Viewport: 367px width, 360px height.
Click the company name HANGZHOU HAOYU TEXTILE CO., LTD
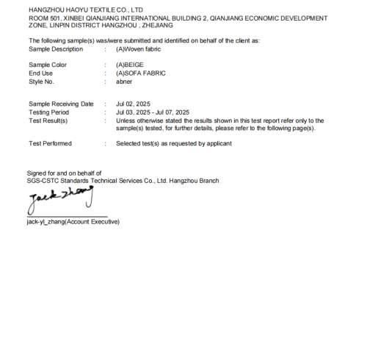click(85, 10)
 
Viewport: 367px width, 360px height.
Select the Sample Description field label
click(56, 48)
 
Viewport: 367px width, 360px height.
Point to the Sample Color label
click(48, 65)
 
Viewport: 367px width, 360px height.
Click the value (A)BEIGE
click(131, 65)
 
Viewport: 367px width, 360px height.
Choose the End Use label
click(41, 73)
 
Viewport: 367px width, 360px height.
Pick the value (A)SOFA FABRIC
click(140, 73)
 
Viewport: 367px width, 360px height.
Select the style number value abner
click(124, 82)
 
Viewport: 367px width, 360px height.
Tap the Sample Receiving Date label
click(61, 104)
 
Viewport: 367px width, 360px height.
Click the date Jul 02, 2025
click(133, 104)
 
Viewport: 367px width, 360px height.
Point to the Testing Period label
click(50, 112)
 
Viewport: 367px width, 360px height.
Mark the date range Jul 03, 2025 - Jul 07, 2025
click(153, 112)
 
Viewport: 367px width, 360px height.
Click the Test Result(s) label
click(48, 120)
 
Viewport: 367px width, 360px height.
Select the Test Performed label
click(50, 143)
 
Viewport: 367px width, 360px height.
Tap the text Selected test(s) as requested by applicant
click(174, 143)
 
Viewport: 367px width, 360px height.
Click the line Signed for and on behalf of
click(65, 173)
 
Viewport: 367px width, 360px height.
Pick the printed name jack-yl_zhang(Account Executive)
click(73, 222)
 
